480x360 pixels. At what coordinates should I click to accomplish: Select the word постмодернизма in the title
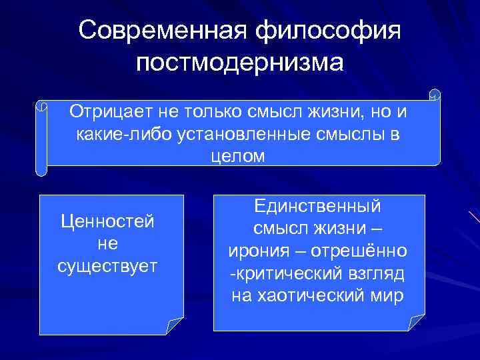coord(239,64)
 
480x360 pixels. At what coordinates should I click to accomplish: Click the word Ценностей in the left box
coord(107,221)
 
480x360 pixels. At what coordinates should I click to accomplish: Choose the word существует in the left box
coord(107,266)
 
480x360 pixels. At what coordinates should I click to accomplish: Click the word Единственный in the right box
coord(318,206)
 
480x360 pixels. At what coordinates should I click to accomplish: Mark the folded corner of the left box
coord(175,326)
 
